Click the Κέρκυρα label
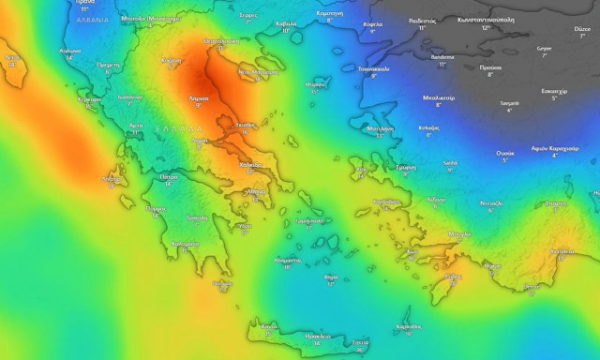89,98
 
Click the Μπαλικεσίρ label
439,97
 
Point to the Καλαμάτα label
187,243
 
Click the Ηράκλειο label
319,336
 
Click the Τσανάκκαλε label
374,68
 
